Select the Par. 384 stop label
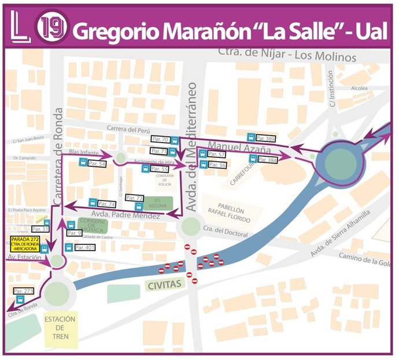pyautogui.click(x=267, y=160)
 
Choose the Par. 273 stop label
pyautogui.click(x=23, y=291)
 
